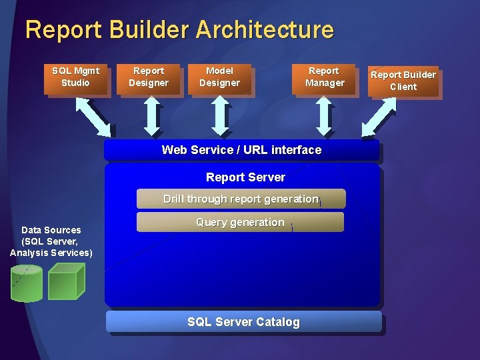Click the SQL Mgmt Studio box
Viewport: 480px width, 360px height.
[x=76, y=77]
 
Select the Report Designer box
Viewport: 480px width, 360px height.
[x=149, y=77]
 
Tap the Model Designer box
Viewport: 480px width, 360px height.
[x=219, y=77]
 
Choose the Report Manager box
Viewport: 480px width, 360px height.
[x=325, y=77]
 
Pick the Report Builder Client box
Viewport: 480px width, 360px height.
[x=403, y=81]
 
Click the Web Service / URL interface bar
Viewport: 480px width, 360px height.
[x=241, y=150]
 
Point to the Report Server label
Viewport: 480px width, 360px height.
[x=245, y=177]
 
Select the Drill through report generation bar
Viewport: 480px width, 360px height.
[x=241, y=199]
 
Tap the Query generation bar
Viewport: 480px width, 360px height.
[x=240, y=222]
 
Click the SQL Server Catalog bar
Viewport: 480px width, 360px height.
[x=243, y=322]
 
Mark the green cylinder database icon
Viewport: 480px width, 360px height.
[x=27, y=283]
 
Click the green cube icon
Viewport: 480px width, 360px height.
[x=66, y=281]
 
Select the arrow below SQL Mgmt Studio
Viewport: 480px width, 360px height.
[x=94, y=116]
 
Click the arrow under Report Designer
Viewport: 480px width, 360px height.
[x=153, y=117]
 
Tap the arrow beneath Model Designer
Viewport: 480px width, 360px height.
[x=219, y=117]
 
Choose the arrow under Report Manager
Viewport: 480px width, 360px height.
[x=324, y=117]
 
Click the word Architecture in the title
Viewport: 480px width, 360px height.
[x=265, y=30]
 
